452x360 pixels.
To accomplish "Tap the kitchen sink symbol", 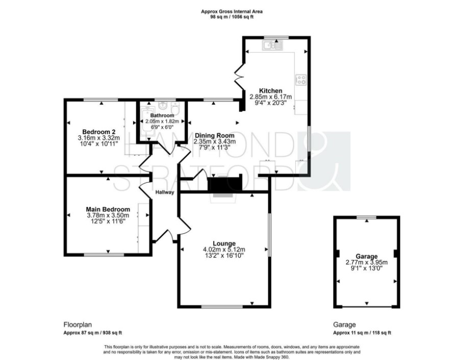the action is pos(272,45).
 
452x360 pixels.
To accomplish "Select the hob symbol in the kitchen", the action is pos(301,80).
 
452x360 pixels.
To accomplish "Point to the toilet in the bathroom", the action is pos(175,108).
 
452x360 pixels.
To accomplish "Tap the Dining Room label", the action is pos(214,136).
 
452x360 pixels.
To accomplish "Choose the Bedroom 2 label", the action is pos(99,132).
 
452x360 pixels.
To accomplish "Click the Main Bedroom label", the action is pos(108,209).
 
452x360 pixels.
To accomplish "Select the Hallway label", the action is pos(165,192).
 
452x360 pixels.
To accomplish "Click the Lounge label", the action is pos(224,244).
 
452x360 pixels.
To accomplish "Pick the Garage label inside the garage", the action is pos(366,256).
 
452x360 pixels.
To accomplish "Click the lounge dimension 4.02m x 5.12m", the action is pos(224,250).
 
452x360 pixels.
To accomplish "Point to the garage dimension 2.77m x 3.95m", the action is pos(366,262).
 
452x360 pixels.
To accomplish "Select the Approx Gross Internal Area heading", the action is pos(232,12).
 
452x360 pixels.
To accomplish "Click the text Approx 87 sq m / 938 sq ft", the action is pos(92,332).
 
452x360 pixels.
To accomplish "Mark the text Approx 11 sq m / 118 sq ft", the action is pos(362,332).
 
